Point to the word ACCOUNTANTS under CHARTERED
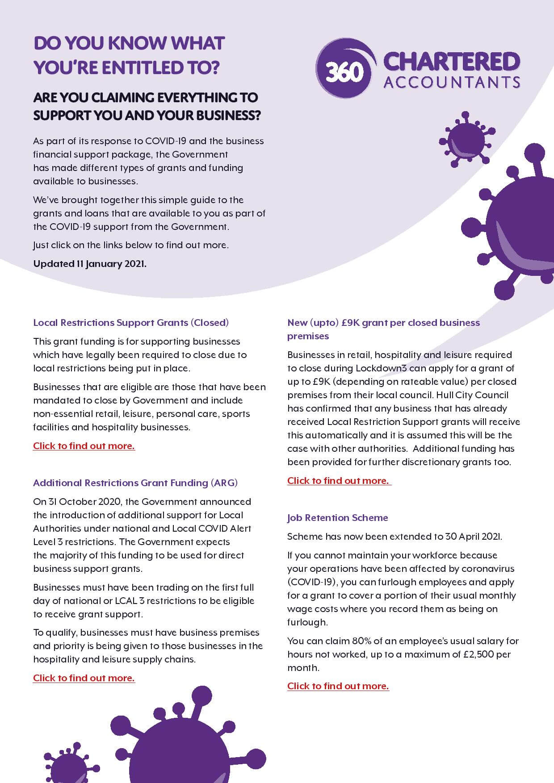(x=451, y=83)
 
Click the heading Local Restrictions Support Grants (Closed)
(x=131, y=322)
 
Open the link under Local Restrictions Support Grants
(x=84, y=446)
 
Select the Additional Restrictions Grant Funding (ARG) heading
(x=135, y=483)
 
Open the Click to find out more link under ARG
(x=84, y=678)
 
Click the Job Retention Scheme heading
(x=337, y=517)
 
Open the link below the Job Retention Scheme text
(x=338, y=686)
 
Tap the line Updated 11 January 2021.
(x=90, y=263)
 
